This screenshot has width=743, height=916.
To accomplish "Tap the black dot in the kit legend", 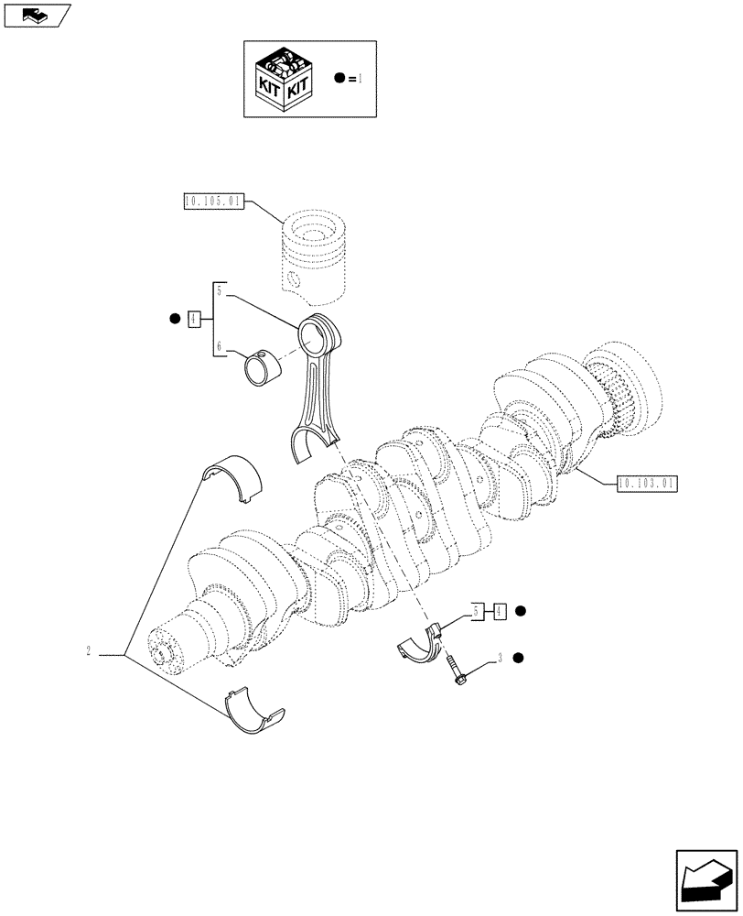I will tap(339, 79).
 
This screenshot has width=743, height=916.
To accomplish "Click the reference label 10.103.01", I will tap(647, 482).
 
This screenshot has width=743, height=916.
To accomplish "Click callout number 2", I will tap(88, 652).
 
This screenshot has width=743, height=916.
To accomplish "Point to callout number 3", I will tap(500, 658).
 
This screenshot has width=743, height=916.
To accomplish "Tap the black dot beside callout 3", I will tap(519, 658).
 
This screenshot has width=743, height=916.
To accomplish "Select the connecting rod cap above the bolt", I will tap(422, 642).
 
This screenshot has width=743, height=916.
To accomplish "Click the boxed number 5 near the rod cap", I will tap(479, 610).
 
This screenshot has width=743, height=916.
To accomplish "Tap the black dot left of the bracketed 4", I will tap(173, 319).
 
